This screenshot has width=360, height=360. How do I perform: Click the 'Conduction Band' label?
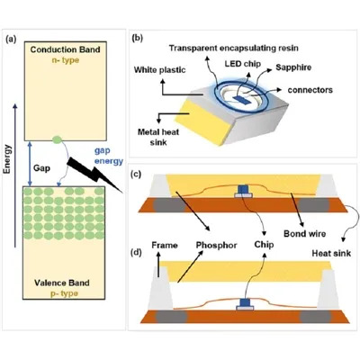coord(65,49)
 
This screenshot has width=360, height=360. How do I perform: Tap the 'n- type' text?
coord(65,60)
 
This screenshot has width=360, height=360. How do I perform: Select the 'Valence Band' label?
coord(62,283)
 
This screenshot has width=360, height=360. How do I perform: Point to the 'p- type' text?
coord(64,293)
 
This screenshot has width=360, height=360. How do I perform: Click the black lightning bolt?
coord(94,174)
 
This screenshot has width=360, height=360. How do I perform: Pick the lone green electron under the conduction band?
coord(57,139)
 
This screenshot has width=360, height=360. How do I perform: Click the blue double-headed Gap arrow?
coord(30,164)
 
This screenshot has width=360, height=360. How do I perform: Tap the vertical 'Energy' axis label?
coord(7,159)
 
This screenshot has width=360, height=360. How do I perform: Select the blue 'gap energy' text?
coord(109,156)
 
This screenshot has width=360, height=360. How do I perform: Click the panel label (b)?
coord(137,39)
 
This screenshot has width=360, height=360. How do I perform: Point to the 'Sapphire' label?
coord(293,67)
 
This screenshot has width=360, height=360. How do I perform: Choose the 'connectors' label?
coord(310,90)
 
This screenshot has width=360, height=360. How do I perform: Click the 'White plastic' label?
coord(159,70)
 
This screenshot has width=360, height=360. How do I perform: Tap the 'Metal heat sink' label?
coord(158,137)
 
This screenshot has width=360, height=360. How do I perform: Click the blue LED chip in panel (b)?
coord(243,100)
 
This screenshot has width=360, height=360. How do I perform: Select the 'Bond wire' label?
coord(305,233)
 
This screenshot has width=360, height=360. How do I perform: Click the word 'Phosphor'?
coord(216,246)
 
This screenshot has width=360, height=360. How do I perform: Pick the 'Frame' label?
coord(165,246)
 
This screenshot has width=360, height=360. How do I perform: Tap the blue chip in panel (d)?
coord(245,302)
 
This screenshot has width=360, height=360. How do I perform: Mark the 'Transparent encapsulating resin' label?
coord(234,48)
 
